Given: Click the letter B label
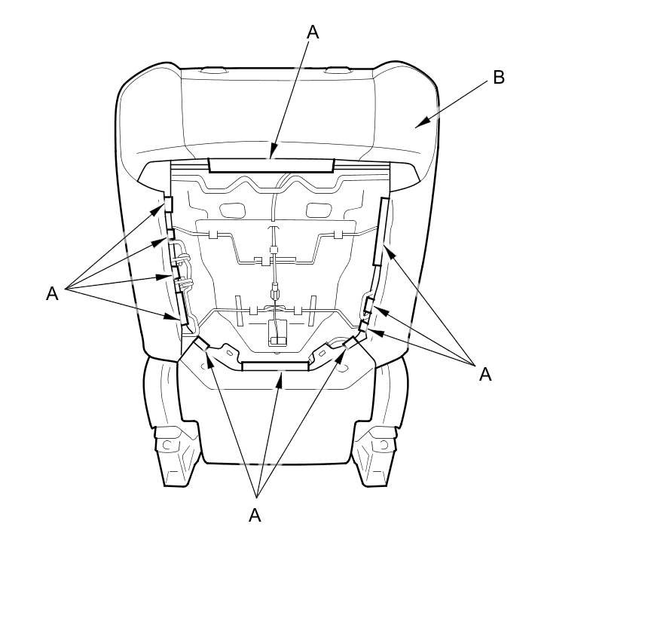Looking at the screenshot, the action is click(499, 78).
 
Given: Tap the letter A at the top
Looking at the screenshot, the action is click(313, 32).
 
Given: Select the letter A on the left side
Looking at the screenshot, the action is click(52, 294).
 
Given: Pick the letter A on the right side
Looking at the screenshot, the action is click(485, 374).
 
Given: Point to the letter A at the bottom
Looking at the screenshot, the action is click(255, 515).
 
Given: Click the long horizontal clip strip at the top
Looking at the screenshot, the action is click(271, 165).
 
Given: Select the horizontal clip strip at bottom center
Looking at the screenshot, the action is click(275, 366).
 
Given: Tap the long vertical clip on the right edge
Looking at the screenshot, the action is click(381, 231).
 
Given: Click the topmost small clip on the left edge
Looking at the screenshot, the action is click(168, 204).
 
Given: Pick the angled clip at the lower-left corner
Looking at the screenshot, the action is click(202, 343).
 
